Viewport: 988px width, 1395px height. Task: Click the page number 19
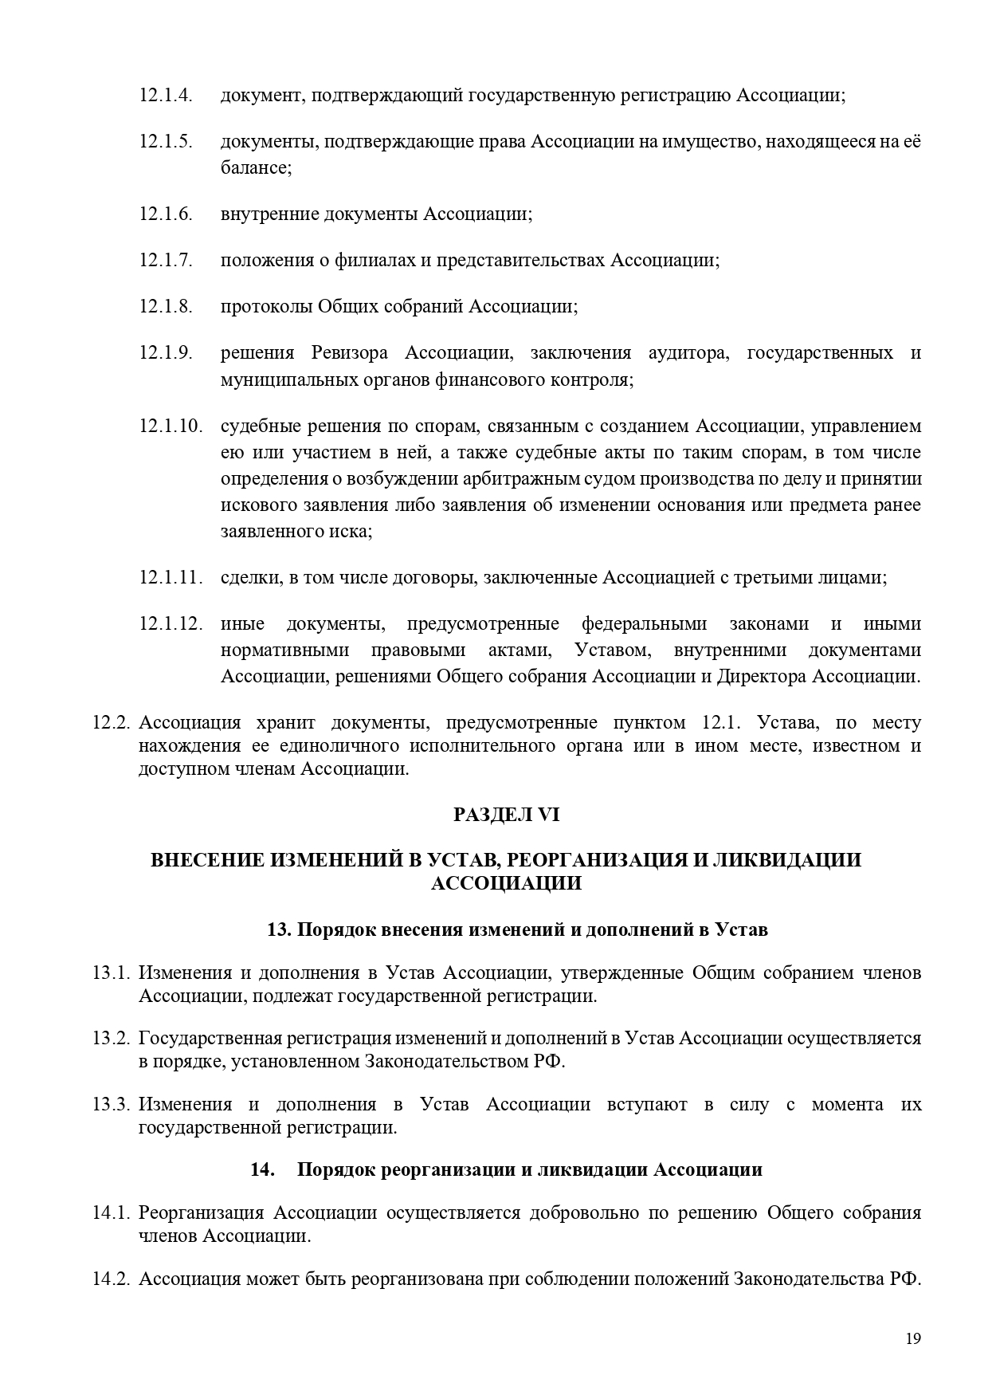tap(913, 1338)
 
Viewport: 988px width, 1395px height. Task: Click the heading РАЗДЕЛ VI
tap(507, 815)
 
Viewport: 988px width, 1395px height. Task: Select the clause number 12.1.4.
tap(166, 96)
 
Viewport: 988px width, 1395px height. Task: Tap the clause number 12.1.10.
tap(171, 426)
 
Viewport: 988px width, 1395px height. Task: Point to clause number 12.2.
tap(111, 723)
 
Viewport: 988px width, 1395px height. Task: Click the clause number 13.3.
tap(111, 1105)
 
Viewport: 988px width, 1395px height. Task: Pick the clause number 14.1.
tap(111, 1213)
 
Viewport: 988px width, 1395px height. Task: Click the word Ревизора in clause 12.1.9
tap(349, 353)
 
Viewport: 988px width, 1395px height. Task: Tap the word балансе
tap(255, 168)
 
